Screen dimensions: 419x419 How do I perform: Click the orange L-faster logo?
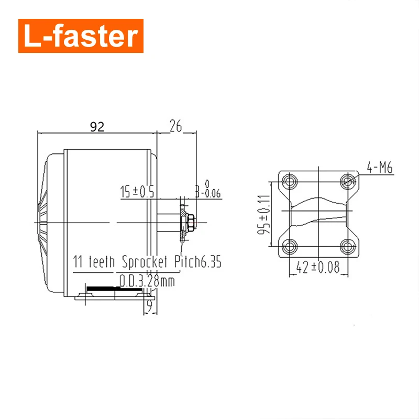(81, 36)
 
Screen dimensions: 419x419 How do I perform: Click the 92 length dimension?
(97, 126)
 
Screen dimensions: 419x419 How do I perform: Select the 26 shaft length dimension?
(175, 126)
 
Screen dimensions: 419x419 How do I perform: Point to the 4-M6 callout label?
(380, 168)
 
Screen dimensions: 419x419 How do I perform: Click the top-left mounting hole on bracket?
(289, 181)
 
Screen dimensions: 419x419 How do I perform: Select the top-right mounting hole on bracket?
(348, 181)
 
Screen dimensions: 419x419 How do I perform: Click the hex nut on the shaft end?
(192, 223)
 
